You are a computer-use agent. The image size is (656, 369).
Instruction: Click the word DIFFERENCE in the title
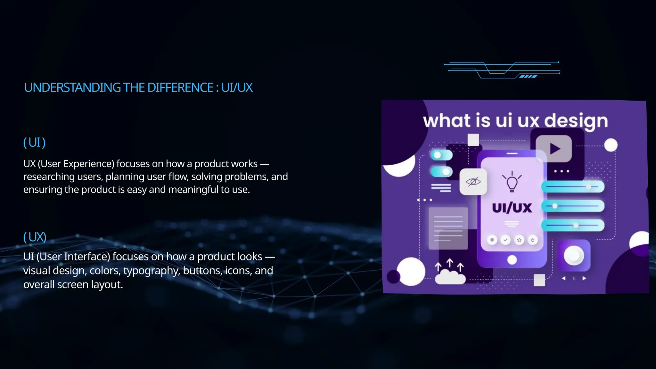(x=180, y=87)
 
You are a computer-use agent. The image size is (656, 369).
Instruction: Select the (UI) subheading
(x=35, y=143)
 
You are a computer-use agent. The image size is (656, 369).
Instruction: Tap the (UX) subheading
(x=35, y=237)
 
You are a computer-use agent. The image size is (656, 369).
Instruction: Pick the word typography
(x=152, y=271)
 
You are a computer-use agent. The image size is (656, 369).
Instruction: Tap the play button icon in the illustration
(x=554, y=149)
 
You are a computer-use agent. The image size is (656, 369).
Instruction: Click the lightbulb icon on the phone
(x=512, y=182)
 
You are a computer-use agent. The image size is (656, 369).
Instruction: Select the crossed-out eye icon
(x=473, y=182)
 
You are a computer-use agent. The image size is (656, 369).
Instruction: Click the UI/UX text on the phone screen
(x=512, y=208)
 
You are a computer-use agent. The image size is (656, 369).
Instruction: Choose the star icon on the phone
(x=519, y=240)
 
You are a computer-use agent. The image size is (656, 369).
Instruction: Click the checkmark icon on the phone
(x=505, y=240)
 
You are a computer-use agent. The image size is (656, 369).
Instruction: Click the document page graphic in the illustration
(x=448, y=228)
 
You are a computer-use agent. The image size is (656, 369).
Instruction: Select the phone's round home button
(x=512, y=260)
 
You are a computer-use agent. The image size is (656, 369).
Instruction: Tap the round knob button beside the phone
(x=574, y=256)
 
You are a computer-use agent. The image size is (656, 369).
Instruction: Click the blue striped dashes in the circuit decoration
(x=528, y=76)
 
